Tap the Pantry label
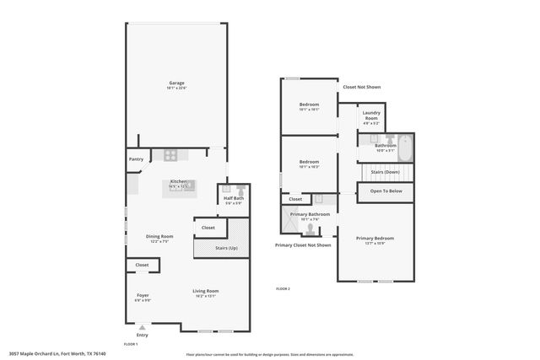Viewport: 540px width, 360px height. point(136,159)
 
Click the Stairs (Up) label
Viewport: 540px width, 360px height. point(227,249)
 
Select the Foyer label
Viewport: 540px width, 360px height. point(143,297)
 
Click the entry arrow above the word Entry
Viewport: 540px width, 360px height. point(143,327)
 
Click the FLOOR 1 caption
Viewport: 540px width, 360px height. point(131,344)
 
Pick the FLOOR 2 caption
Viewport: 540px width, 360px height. point(283,289)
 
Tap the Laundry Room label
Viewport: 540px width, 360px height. point(370,116)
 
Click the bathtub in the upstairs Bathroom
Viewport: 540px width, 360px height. point(406,148)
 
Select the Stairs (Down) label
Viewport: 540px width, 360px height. point(385,172)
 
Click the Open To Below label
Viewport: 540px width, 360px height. point(386,191)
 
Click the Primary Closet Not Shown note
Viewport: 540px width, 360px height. point(303,245)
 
